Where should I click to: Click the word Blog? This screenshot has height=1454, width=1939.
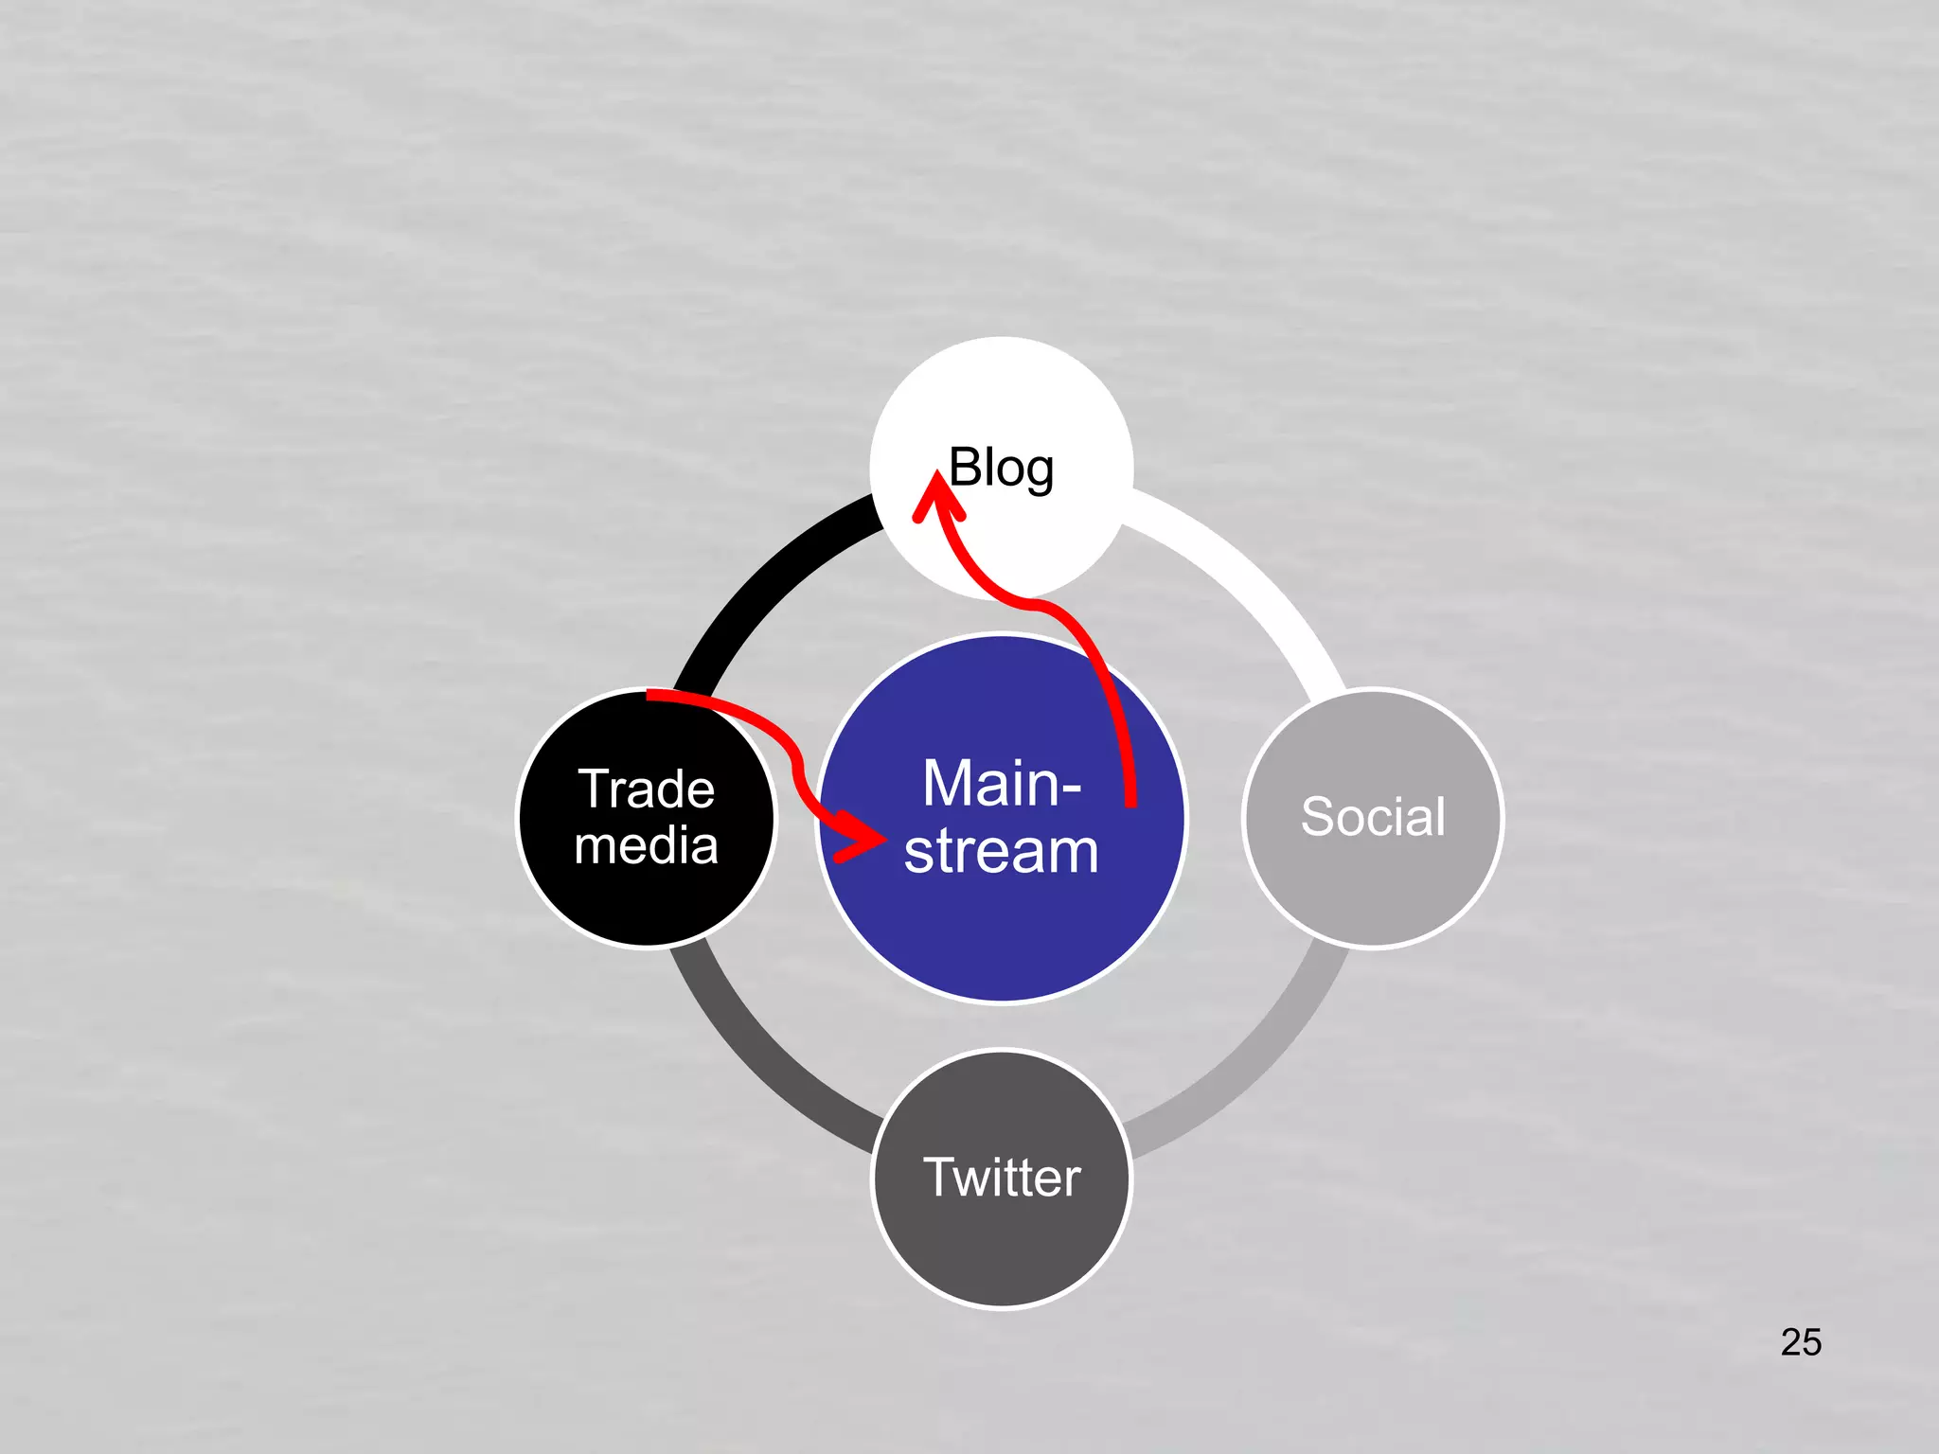point(1001,468)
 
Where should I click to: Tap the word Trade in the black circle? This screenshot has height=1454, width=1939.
point(647,789)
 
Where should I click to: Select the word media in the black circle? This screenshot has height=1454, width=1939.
point(647,845)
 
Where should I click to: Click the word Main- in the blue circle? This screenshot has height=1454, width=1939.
point(1001,784)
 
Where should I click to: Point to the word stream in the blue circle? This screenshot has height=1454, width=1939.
point(1001,850)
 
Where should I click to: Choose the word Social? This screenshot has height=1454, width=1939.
point(1373,816)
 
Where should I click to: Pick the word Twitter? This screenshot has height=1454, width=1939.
point(1002,1177)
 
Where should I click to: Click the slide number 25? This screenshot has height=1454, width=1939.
point(1800,1341)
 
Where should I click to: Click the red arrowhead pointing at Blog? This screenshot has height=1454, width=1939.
point(937,498)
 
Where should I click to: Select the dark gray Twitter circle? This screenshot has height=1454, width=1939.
point(1002,1250)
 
